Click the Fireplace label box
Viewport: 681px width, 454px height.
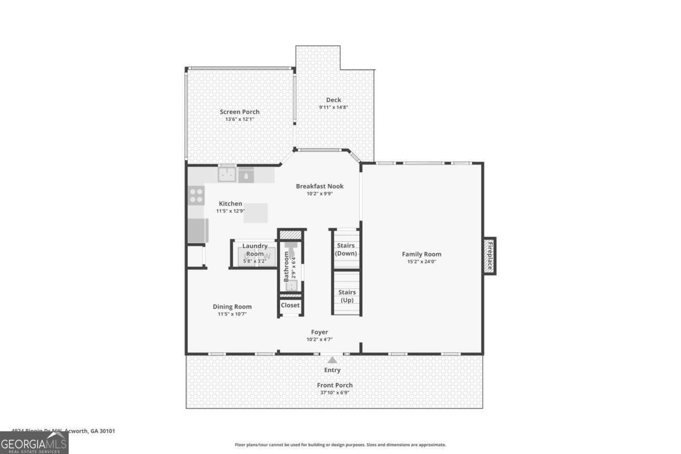[490, 256]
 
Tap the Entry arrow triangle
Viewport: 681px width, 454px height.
[332, 359]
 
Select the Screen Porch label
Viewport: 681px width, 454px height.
[239, 112]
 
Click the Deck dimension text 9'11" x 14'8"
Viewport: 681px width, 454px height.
[333, 107]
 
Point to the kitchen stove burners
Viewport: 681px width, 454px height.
[196, 196]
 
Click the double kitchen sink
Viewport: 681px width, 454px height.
[228, 175]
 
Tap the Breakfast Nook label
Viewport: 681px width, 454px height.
[320, 186]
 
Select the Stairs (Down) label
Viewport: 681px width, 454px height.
[346, 250]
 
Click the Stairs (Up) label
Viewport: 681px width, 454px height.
[347, 296]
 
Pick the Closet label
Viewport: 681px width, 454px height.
[290, 305]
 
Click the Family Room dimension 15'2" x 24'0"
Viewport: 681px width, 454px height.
[421, 262]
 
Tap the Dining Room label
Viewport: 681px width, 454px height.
[232, 306]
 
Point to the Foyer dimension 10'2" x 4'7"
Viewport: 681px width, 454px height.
[320, 339]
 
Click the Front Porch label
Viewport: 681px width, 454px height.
[334, 385]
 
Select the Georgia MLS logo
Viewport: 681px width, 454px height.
[34, 443]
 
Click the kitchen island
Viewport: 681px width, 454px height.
[256, 213]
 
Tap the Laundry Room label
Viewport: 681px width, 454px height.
[255, 250]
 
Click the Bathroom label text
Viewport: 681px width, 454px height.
[287, 267]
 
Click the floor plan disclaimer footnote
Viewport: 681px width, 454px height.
[340, 445]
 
